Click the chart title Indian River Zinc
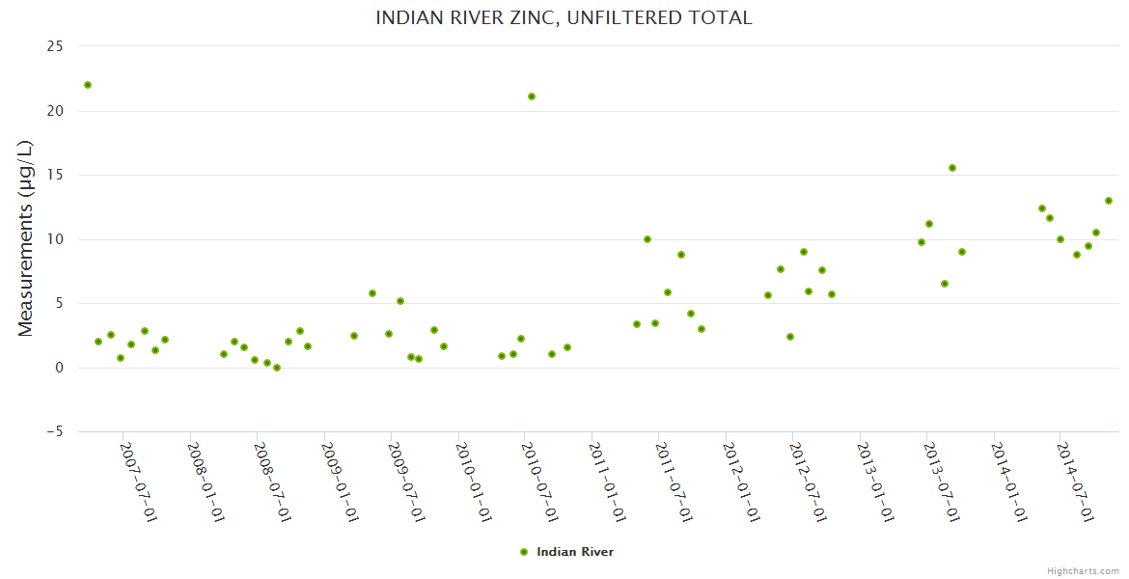click(x=564, y=18)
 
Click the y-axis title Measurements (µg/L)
click(x=26, y=238)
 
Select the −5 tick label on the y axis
click(x=54, y=432)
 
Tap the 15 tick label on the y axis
click(x=56, y=175)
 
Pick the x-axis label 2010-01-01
click(x=474, y=482)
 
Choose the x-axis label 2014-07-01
click(x=1077, y=482)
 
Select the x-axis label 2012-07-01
click(x=809, y=482)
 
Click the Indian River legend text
click(x=575, y=552)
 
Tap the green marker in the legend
click(x=524, y=552)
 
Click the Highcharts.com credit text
click(x=1083, y=570)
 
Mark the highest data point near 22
click(x=88, y=85)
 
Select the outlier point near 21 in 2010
click(x=532, y=96)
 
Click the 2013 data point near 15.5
click(x=952, y=168)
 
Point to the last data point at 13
click(x=1109, y=201)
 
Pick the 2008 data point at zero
click(x=277, y=368)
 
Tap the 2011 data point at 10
click(x=647, y=239)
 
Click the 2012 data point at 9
click(x=804, y=252)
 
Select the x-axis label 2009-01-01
click(x=340, y=482)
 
